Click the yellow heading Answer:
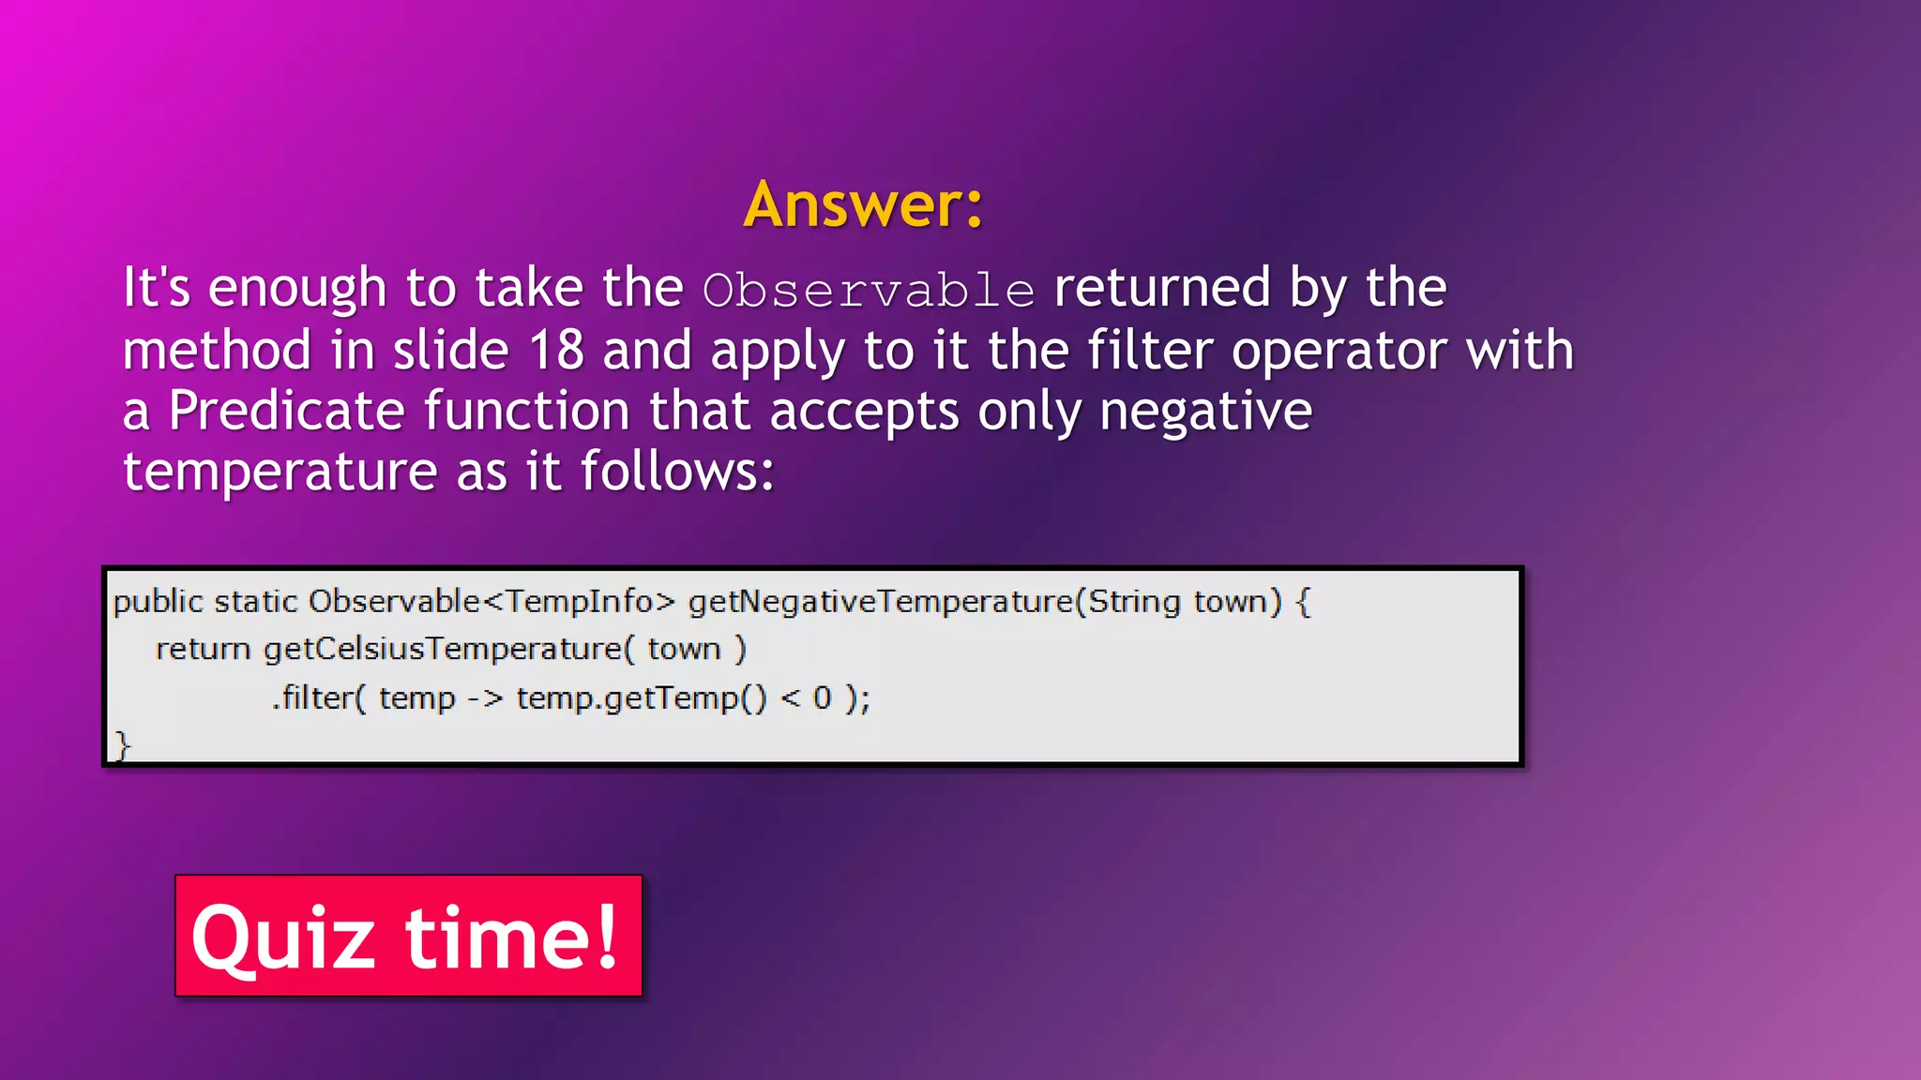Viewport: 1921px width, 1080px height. (863, 204)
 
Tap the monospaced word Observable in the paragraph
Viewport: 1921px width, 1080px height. (869, 290)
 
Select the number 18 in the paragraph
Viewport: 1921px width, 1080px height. (556, 351)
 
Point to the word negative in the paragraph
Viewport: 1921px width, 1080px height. (1205, 411)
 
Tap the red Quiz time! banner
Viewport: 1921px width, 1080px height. (408, 936)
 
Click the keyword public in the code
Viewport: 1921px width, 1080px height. (158, 601)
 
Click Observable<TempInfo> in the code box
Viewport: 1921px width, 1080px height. (492, 601)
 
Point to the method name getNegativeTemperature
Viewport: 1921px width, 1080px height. (880, 601)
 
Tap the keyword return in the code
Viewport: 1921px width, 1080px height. (203, 649)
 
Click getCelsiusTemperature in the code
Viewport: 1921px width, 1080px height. (443, 649)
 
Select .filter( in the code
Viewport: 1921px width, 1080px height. (317, 697)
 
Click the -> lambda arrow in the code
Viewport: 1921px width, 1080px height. (485, 698)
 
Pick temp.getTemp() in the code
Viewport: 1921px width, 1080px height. (641, 698)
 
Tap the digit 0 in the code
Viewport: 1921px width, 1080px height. (822, 698)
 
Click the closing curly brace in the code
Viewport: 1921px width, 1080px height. (122, 745)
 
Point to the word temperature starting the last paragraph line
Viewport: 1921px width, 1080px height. (280, 471)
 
